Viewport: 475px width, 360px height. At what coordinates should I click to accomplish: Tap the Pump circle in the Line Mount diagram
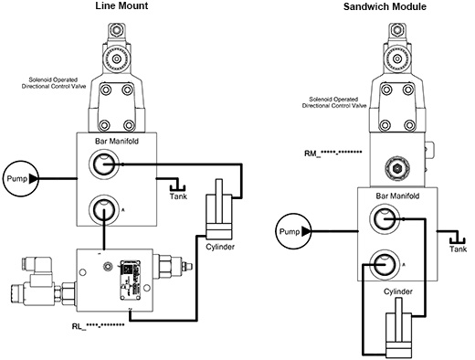pyautogui.click(x=17, y=177)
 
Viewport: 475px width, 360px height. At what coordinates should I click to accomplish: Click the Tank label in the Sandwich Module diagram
pyautogui.click(x=458, y=249)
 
